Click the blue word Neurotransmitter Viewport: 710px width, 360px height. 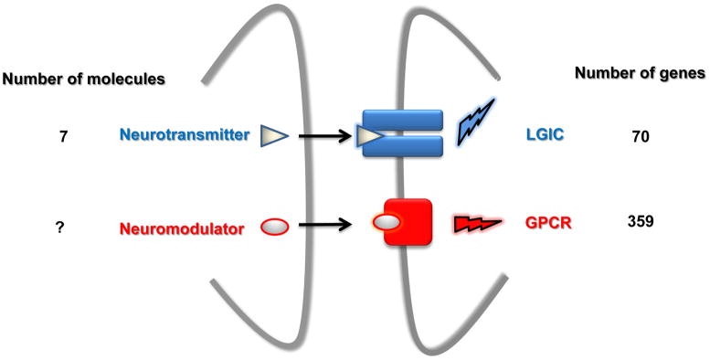point(183,135)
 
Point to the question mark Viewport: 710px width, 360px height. point(58,228)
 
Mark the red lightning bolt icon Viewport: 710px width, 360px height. point(478,223)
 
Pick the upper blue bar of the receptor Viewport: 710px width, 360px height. point(403,121)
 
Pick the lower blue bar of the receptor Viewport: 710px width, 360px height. point(403,146)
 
